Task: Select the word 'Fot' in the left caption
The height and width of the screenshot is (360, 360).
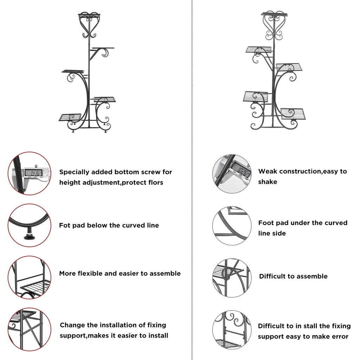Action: click(65, 225)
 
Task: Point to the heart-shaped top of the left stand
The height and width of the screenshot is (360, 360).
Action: click(89, 25)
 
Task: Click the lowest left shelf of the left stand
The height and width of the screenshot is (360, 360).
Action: click(70, 117)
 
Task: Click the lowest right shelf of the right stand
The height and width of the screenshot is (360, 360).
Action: click(293, 114)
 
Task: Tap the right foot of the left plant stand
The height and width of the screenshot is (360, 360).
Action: click(104, 131)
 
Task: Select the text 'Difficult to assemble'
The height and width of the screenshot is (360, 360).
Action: click(293, 276)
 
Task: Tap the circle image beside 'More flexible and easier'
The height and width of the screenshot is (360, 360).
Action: click(29, 277)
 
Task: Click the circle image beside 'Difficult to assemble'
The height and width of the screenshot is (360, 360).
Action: click(232, 278)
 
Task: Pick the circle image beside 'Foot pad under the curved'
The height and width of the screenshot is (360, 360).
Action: click(232, 226)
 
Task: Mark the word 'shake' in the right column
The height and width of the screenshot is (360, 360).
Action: click(268, 182)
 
